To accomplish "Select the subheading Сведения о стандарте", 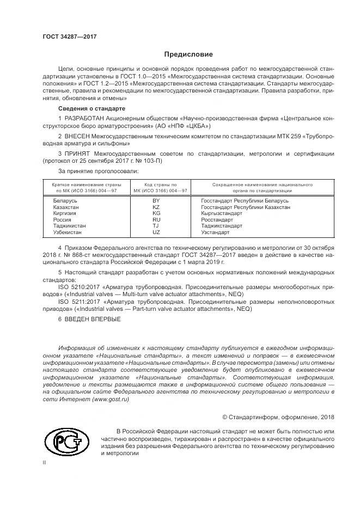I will click(88, 109).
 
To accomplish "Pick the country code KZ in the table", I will click(156, 207).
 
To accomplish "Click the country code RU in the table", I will click(156, 219).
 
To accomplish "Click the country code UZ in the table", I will click(156, 232).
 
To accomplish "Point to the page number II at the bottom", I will click(45, 463).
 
